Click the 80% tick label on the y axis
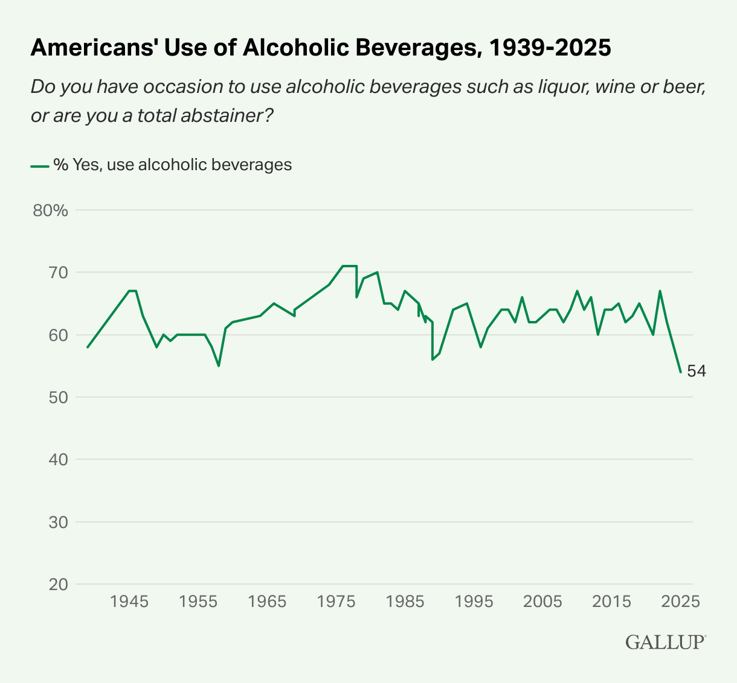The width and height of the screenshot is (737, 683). pos(50,211)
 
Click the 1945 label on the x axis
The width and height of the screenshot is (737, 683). pos(129,602)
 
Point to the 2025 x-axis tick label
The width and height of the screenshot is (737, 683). pos(680,602)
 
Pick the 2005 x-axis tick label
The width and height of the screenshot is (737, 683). pos(542,602)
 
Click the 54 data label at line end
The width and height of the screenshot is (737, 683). pos(697,371)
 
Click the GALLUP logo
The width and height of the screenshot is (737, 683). pos(665,641)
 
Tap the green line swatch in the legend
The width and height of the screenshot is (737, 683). pos(40,165)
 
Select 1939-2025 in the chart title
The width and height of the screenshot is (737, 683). pos(549,48)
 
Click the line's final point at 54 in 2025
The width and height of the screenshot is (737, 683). pos(680,372)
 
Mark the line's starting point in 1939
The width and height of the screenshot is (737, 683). pos(88,347)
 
